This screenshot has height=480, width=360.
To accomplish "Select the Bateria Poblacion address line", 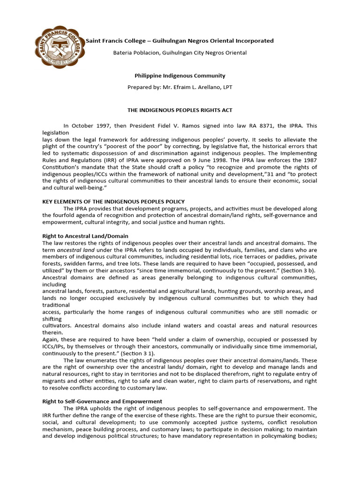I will point(180,53).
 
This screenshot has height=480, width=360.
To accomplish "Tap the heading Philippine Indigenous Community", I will point(180,75).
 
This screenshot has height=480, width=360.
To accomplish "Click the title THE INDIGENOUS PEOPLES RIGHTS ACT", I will point(180,110).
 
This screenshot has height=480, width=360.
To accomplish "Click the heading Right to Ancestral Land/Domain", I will point(85,236).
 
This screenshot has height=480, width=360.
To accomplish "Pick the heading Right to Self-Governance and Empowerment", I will point(102,401).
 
